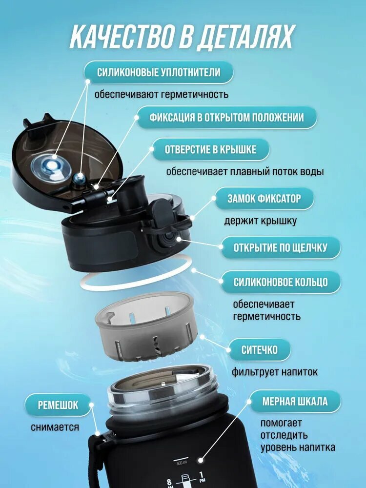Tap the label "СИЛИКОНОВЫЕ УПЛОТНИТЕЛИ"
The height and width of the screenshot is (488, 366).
tap(159, 72)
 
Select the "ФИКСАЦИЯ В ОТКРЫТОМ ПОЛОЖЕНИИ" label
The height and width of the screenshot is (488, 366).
tap(226, 117)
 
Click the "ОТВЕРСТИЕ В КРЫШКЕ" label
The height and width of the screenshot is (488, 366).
tap(210, 149)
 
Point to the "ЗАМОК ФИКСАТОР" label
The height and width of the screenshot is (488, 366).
tap(264, 198)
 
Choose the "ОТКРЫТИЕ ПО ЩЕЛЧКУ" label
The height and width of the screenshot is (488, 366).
tap(281, 248)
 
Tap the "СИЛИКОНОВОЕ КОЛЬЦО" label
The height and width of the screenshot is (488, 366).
tap(281, 282)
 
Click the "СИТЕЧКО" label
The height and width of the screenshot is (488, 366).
tap(259, 350)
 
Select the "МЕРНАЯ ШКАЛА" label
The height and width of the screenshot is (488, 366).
tap(295, 401)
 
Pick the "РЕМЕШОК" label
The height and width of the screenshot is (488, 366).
tap(58, 405)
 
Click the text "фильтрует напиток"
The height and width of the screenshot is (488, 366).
tap(274, 371)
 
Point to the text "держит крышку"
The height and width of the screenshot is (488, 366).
tap(260, 221)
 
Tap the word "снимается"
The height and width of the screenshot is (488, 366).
tap(55, 427)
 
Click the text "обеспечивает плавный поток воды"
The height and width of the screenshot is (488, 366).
tap(245, 171)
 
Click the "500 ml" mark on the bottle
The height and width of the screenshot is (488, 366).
tap(182, 463)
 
